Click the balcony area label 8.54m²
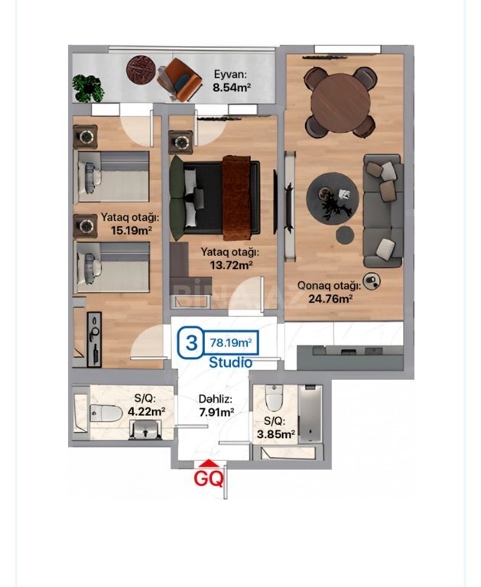[x=232, y=88]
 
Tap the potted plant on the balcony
[x=88, y=88]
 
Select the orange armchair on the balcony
[x=180, y=79]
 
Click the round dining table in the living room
[x=340, y=102]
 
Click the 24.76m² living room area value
[x=330, y=299]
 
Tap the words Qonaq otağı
[x=329, y=286]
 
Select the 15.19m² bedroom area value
[x=131, y=230]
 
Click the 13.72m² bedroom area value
[x=231, y=265]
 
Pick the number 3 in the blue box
[x=191, y=342]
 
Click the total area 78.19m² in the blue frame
[x=231, y=342]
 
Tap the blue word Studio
[x=230, y=362]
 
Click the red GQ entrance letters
[x=208, y=478]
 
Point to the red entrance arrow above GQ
[x=208, y=464]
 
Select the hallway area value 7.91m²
[x=217, y=412]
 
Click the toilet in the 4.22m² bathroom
[x=106, y=413]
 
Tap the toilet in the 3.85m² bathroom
[x=274, y=397]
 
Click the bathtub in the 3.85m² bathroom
[x=310, y=413]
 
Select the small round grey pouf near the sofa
[x=345, y=235]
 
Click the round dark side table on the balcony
[x=141, y=70]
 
